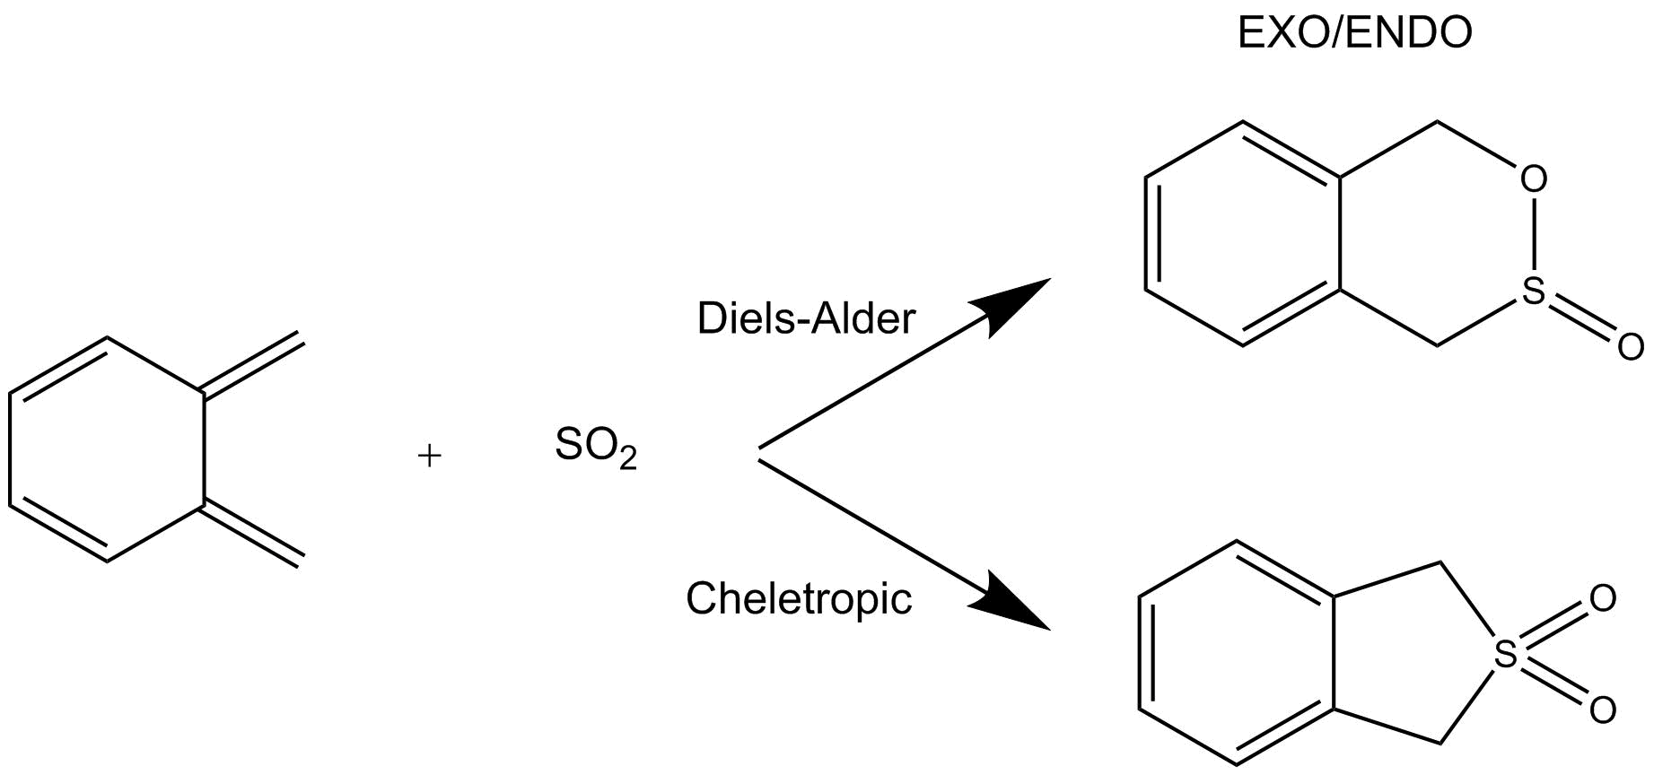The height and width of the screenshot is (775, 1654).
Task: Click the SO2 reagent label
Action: pyautogui.click(x=595, y=447)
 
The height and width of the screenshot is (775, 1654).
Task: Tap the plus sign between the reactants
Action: pyautogui.click(x=430, y=457)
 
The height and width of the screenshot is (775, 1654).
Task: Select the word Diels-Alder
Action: pyautogui.click(x=805, y=318)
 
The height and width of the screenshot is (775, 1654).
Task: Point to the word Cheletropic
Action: pyautogui.click(x=799, y=598)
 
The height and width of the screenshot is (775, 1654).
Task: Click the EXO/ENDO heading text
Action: pyautogui.click(x=1354, y=33)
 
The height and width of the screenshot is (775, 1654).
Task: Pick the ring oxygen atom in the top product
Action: pyautogui.click(x=1534, y=179)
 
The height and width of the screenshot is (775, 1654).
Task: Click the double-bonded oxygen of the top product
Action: pyautogui.click(x=1630, y=345)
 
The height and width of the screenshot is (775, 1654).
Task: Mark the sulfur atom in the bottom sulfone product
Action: pyautogui.click(x=1506, y=655)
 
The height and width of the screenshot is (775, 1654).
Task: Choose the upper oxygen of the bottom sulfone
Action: pyautogui.click(x=1602, y=598)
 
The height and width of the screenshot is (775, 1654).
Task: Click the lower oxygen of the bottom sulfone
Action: pyautogui.click(x=1602, y=710)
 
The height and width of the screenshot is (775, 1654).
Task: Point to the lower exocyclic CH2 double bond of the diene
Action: pyautogui.click(x=252, y=536)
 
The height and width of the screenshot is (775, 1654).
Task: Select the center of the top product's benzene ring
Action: pyautogui.click(x=1244, y=233)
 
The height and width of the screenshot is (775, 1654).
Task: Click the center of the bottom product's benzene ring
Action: pyautogui.click(x=1238, y=654)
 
